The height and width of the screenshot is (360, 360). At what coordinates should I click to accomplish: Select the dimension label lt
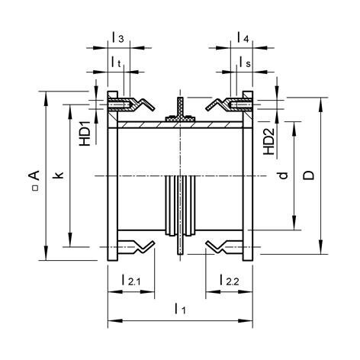point(118,61)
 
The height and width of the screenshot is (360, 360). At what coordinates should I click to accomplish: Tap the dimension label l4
point(243,37)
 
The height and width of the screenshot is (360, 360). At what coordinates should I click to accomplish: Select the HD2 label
point(269,140)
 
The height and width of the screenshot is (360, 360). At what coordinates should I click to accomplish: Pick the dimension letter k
point(59,175)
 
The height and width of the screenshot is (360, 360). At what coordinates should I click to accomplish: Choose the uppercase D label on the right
point(309,175)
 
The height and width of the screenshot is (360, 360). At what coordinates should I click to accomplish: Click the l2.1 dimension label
point(130,281)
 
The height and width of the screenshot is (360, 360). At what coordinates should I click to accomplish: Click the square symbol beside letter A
point(34,188)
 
